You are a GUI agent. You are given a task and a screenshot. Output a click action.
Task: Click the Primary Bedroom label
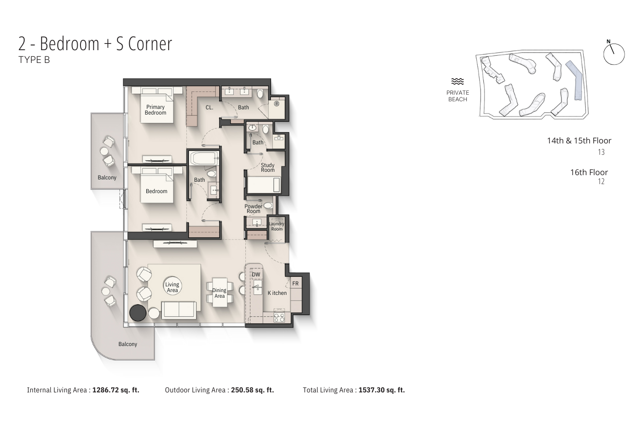pyautogui.click(x=155, y=110)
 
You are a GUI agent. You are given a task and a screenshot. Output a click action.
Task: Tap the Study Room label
pyautogui.click(x=267, y=168)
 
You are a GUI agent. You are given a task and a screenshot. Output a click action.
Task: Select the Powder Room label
pyautogui.click(x=253, y=209)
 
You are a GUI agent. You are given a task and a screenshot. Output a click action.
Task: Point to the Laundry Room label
pyautogui.click(x=276, y=226)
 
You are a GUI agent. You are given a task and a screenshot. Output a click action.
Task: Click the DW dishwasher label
pyautogui.click(x=256, y=275)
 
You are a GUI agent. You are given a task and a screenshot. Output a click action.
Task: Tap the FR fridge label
pyautogui.click(x=295, y=284)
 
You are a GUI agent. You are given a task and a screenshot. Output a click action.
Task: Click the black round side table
pyautogui.click(x=138, y=312)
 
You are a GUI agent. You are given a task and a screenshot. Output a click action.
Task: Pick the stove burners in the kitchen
pyautogui.click(x=279, y=317)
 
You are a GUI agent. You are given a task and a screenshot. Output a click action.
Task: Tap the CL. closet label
pyautogui.click(x=209, y=107)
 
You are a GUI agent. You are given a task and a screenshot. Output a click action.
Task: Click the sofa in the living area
pyautogui.click(x=179, y=310)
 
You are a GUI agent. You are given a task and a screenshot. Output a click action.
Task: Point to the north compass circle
pyautogui.click(x=614, y=54)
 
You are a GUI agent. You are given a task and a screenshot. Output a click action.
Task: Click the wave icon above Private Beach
pyautogui.click(x=457, y=81)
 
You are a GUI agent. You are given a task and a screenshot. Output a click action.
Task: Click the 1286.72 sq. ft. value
pyautogui.click(x=116, y=390)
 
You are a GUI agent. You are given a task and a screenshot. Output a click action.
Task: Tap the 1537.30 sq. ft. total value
pyautogui.click(x=382, y=390)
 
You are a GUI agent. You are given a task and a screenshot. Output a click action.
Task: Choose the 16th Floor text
pyautogui.click(x=589, y=172)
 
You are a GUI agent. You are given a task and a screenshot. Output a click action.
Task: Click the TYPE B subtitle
pyautogui.click(x=34, y=60)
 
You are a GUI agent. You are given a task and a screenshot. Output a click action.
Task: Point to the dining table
pyautogui.click(x=220, y=293)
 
